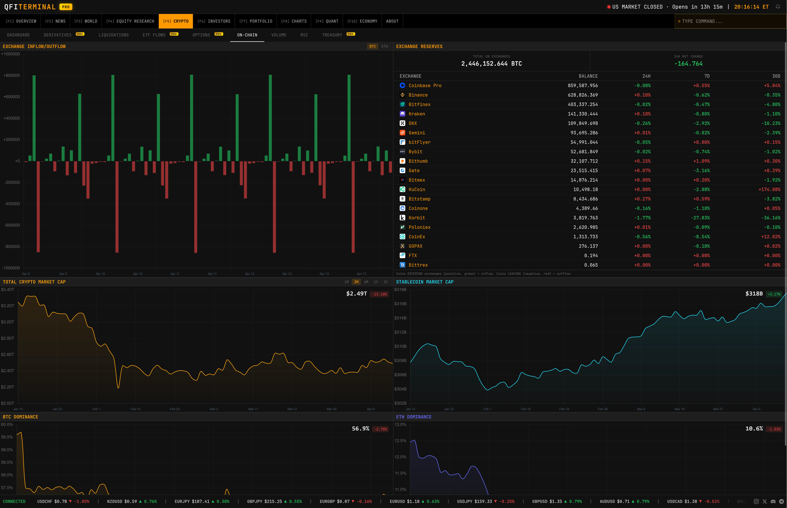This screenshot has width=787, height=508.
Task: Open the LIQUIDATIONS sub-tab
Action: click(114, 35)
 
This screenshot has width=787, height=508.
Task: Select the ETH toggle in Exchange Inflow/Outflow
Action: click(384, 47)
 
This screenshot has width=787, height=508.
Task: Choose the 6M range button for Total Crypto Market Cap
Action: click(366, 282)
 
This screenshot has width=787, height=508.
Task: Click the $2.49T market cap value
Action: click(356, 294)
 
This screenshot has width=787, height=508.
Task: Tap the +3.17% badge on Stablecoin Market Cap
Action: click(774, 294)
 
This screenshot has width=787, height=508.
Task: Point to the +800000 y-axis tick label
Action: click(12, 76)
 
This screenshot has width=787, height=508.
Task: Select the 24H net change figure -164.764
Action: click(688, 64)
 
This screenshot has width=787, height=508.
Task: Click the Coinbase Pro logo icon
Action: click(402, 85)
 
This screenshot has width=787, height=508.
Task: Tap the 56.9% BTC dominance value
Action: click(360, 428)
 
